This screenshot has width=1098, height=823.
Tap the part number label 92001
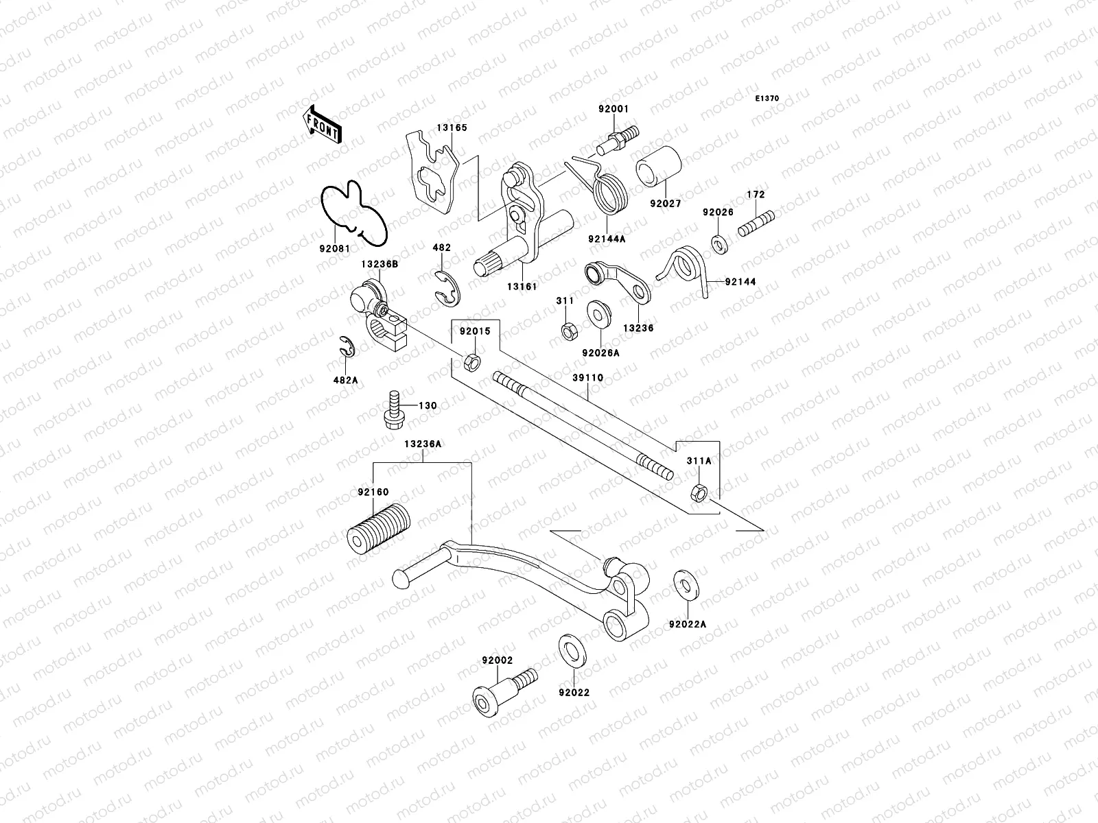point(613,109)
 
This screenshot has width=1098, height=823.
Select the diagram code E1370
point(767,99)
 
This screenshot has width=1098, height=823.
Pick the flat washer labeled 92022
point(568,648)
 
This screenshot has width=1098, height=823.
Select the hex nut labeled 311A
point(699,492)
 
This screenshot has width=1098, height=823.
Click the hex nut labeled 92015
point(472,361)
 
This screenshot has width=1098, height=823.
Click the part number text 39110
point(588,378)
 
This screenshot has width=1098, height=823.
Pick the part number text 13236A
point(422,444)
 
